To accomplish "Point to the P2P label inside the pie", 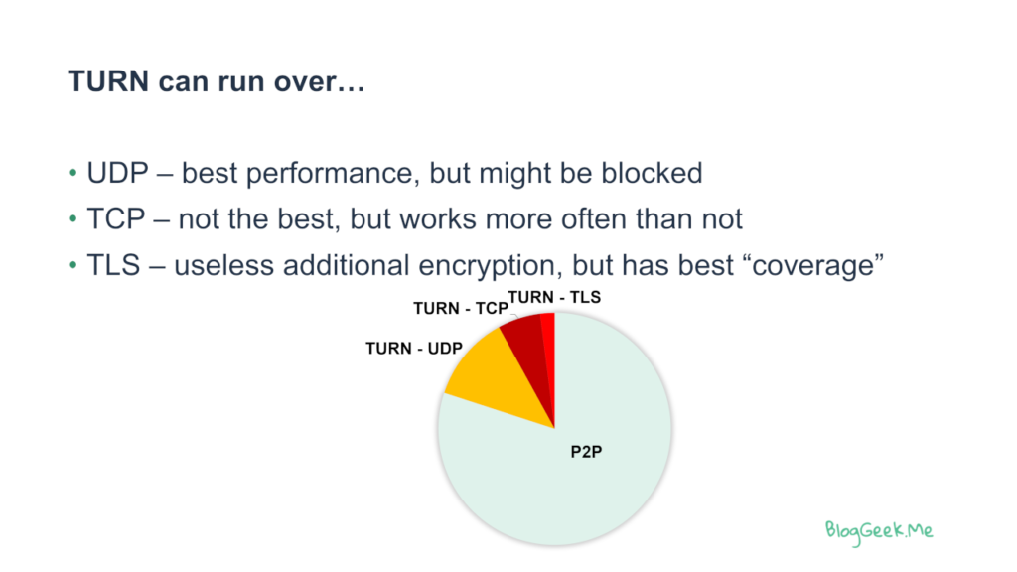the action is click(x=586, y=452).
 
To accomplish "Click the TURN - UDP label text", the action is click(x=414, y=349).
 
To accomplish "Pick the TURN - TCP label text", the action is click(x=461, y=308).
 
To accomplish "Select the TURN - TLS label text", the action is click(x=554, y=297).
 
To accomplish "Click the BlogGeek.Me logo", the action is click(x=879, y=532).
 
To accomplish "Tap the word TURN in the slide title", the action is click(x=109, y=81).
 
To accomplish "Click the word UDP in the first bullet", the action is click(x=117, y=173).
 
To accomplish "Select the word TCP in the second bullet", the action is click(x=116, y=219).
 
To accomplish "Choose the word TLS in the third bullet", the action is click(x=113, y=265).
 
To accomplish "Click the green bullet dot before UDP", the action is click(x=73, y=173).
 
